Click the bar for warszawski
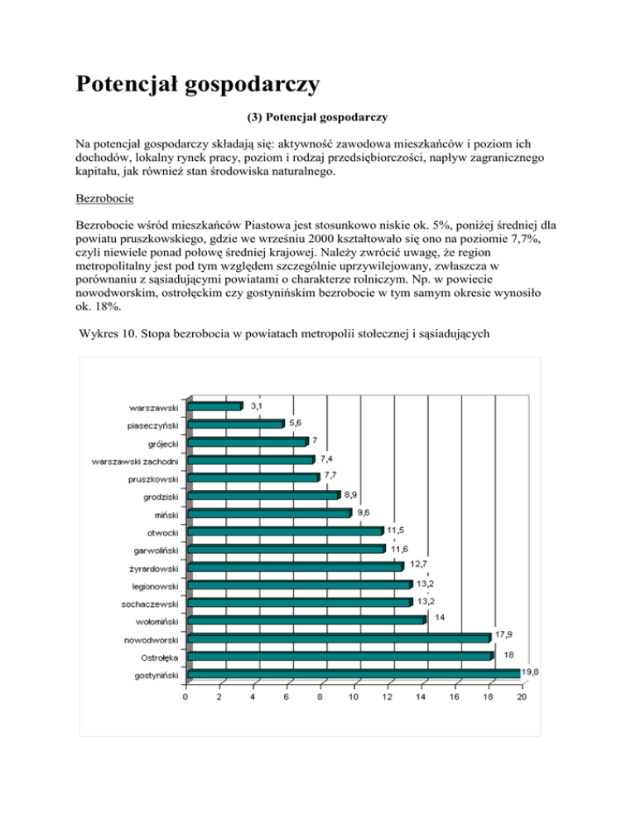pyautogui.click(x=214, y=406)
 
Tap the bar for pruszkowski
pyautogui.click(x=253, y=477)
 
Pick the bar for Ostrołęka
pyautogui.click(x=340, y=656)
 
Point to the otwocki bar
pyautogui.click(x=285, y=531)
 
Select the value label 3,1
pyautogui.click(x=257, y=405)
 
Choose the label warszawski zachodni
pyautogui.click(x=136, y=460)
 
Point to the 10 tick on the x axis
pyautogui.click(x=354, y=696)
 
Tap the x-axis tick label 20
pyautogui.click(x=521, y=696)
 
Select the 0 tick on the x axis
pyautogui.click(x=186, y=696)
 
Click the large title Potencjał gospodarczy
pyautogui.click(x=198, y=85)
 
